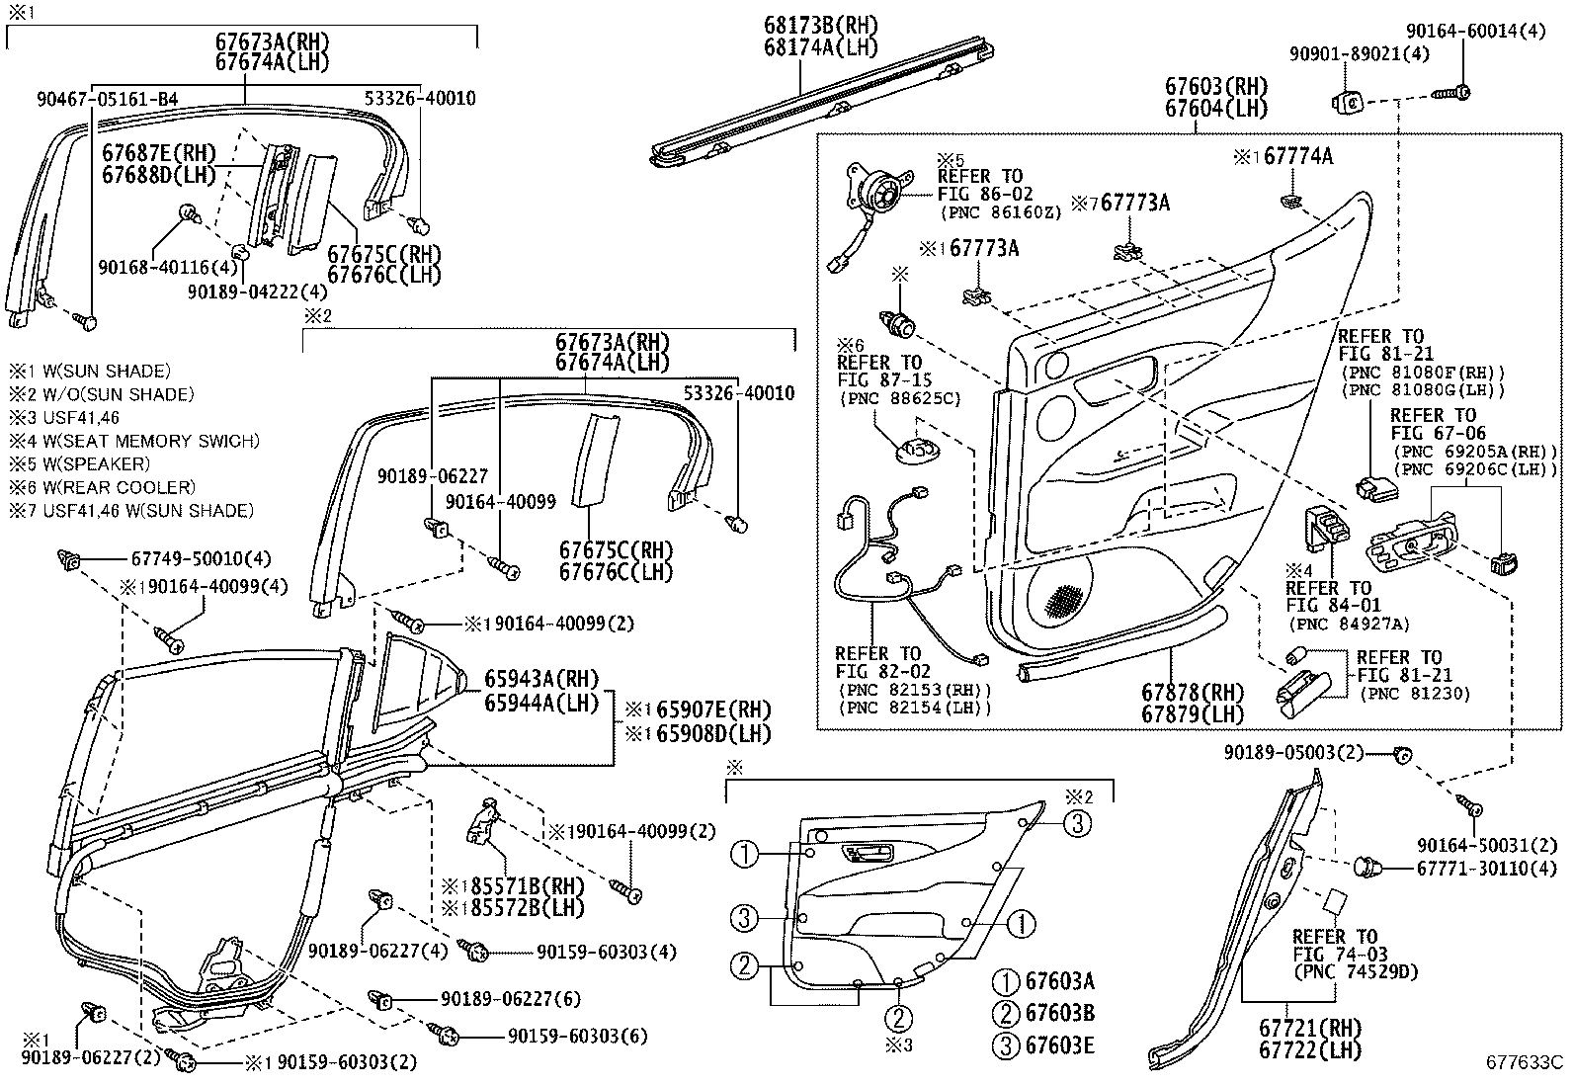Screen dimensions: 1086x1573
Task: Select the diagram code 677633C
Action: [x=1525, y=1063]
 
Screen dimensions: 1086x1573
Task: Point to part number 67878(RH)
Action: [x=1192, y=693]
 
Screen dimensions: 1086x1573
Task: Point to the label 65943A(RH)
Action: [x=542, y=679]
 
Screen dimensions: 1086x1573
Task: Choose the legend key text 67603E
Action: [x=1058, y=1045]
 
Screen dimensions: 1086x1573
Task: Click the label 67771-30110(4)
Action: [x=1478, y=868]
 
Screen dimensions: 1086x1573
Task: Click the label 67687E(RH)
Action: [x=159, y=153]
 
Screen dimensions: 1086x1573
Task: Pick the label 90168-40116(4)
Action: [x=168, y=267]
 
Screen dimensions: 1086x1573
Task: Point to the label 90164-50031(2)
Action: [x=1478, y=845]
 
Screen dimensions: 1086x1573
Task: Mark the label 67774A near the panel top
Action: [x=1296, y=156]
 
